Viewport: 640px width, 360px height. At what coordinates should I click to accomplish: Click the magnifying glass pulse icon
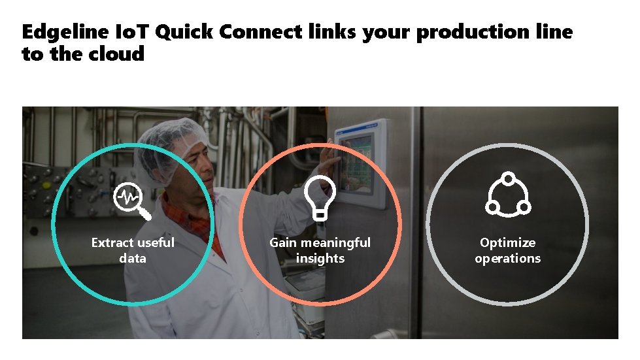coord(131,200)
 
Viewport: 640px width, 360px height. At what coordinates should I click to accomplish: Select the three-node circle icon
coord(508,195)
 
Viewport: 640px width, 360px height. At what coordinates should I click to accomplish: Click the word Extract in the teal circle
coord(112,242)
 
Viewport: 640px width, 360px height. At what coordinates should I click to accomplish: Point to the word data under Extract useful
coord(133,258)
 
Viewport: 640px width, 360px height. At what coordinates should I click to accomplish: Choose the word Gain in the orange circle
coord(283,242)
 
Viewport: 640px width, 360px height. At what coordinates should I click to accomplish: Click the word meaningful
coord(335,243)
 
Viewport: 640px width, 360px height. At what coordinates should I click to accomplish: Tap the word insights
coord(320,258)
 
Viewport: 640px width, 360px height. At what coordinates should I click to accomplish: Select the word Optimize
coord(508,243)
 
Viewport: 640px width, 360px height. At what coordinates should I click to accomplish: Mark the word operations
coord(508,259)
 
